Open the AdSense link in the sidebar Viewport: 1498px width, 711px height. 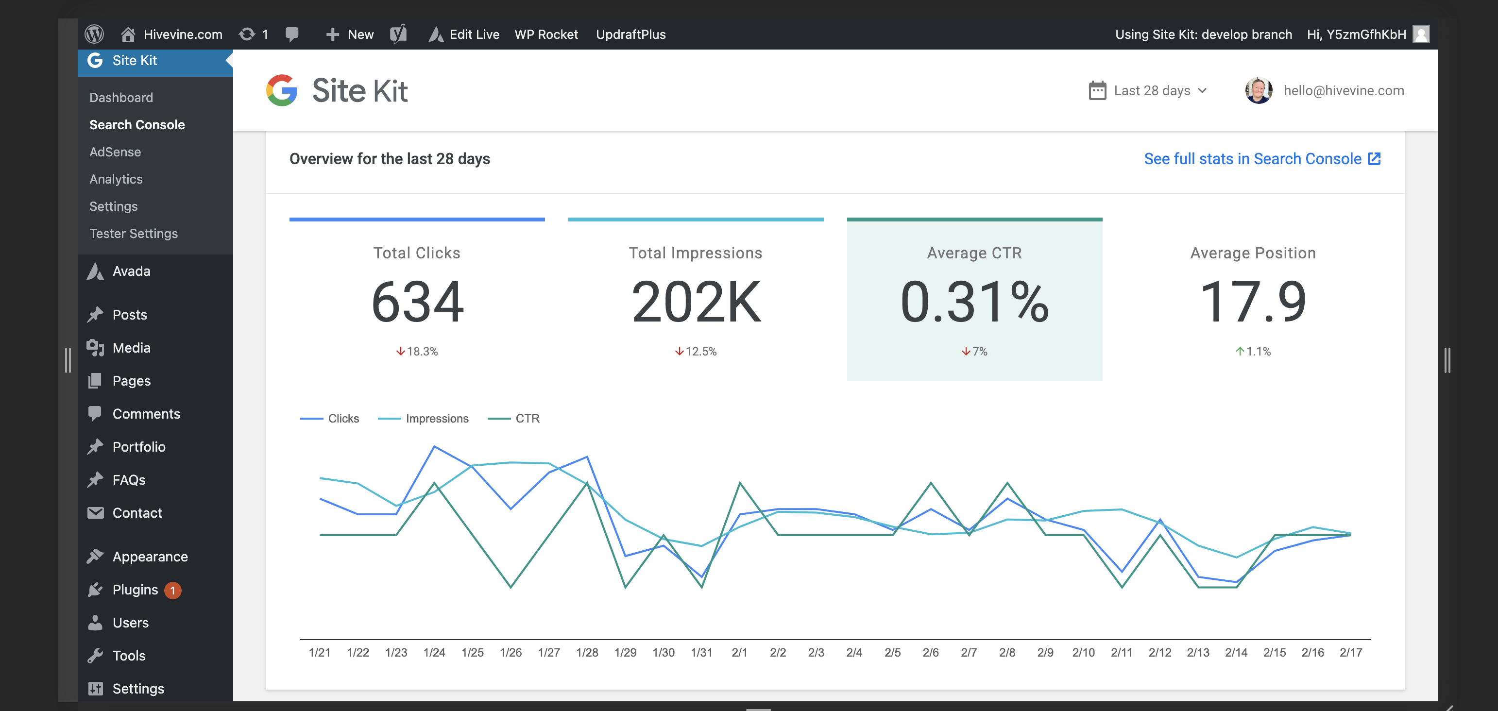pyautogui.click(x=115, y=152)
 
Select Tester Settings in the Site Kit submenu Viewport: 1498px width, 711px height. pyautogui.click(x=133, y=233)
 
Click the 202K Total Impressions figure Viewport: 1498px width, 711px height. pyautogui.click(x=696, y=302)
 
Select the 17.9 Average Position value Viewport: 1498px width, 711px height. pyautogui.click(x=1253, y=302)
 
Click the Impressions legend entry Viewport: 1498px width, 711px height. pyautogui.click(x=436, y=419)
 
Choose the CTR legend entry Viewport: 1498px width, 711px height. pyautogui.click(x=527, y=419)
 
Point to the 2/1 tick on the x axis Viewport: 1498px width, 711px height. pyautogui.click(x=739, y=652)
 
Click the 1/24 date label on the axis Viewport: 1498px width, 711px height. pyautogui.click(x=434, y=652)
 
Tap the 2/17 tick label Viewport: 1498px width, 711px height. pyautogui.click(x=1350, y=652)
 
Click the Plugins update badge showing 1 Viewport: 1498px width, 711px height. pyautogui.click(x=173, y=590)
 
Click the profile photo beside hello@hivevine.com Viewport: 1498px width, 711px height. pyautogui.click(x=1259, y=91)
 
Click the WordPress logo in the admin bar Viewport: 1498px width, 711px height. pyautogui.click(x=94, y=34)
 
